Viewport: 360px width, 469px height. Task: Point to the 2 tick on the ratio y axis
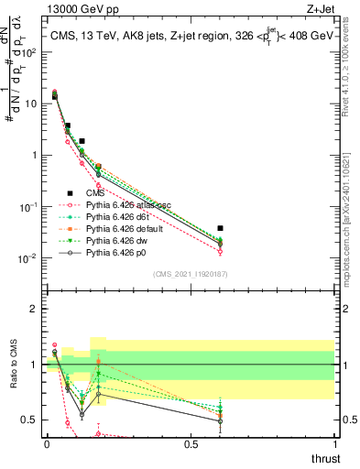pyautogui.click(x=35, y=309)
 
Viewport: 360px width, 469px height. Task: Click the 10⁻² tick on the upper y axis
pyautogui.click(x=32, y=258)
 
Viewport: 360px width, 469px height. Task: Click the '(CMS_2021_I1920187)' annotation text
pyautogui.click(x=190, y=274)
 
